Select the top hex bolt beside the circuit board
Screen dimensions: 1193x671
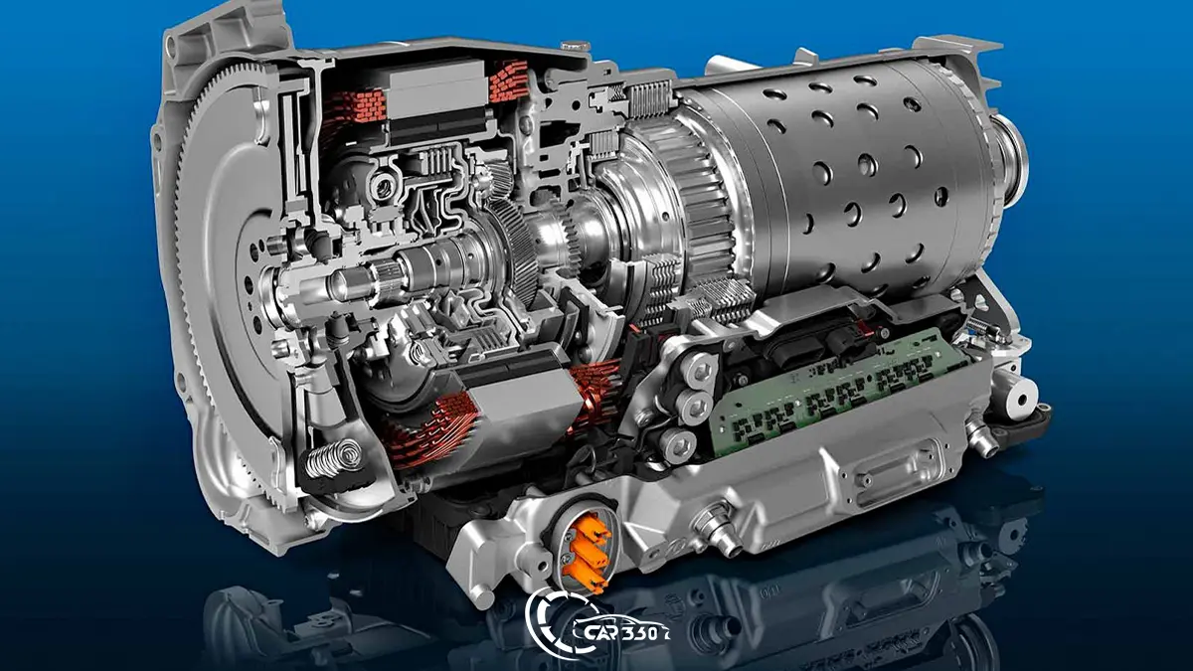click(698, 369)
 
